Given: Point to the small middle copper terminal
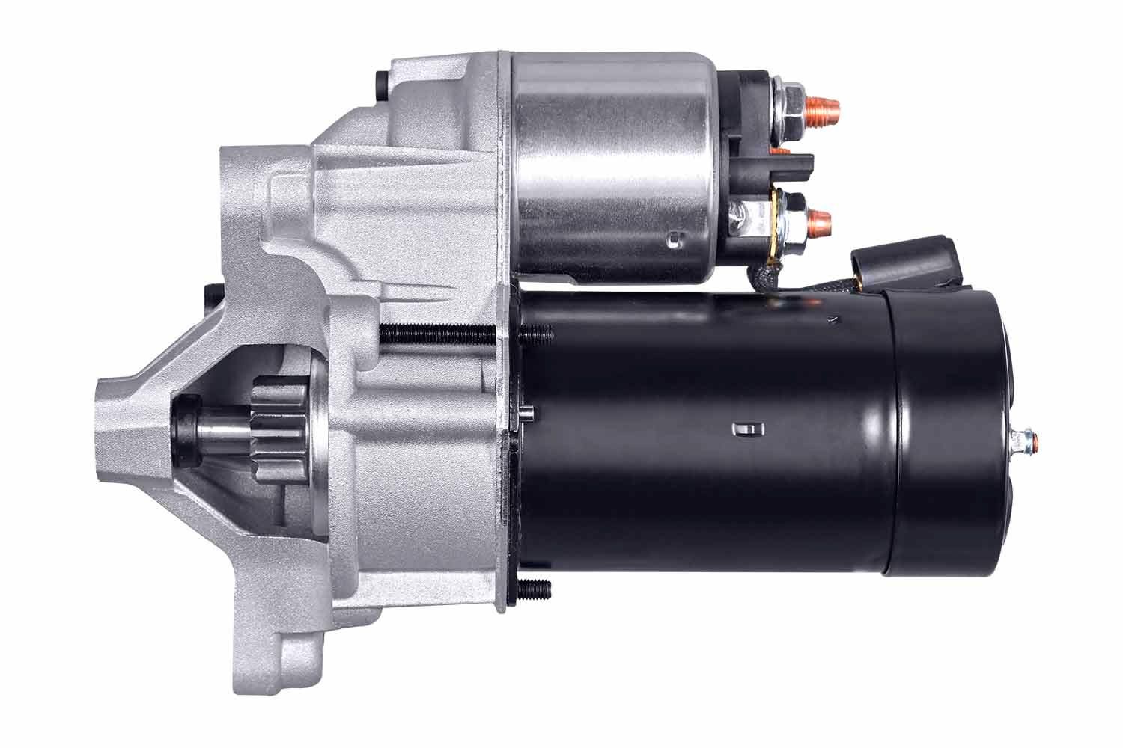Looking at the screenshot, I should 782,150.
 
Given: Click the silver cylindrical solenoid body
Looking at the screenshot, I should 610,165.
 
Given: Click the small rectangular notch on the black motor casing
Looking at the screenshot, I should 745,429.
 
